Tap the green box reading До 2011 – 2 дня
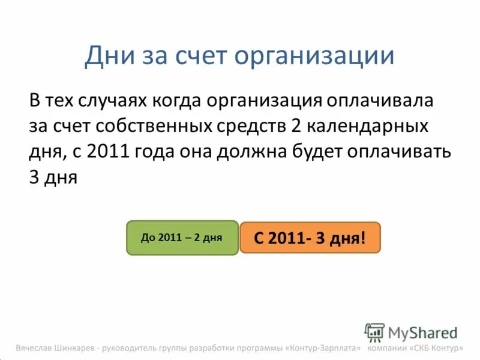(182, 238)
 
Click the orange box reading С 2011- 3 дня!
(310, 238)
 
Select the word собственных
(151, 127)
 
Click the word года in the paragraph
(154, 152)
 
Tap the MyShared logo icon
(374, 332)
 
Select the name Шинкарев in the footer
(76, 348)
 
